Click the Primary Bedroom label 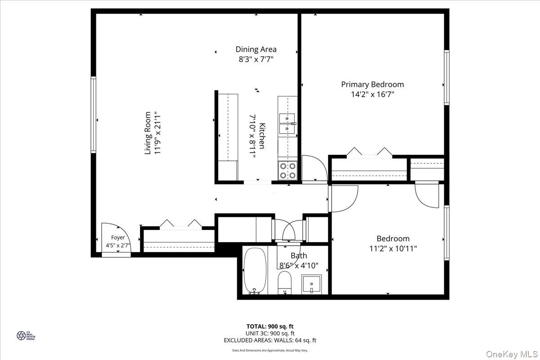click(372, 84)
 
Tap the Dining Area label click(256, 49)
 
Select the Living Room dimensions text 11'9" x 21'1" click(157, 133)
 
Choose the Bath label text click(299, 256)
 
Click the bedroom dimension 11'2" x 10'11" click(393, 248)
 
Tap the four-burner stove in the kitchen click(288, 170)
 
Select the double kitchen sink click(288, 124)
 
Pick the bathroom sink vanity click(311, 284)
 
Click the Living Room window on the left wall click(94, 114)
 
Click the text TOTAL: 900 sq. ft click(270, 326)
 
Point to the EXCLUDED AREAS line click(270, 341)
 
